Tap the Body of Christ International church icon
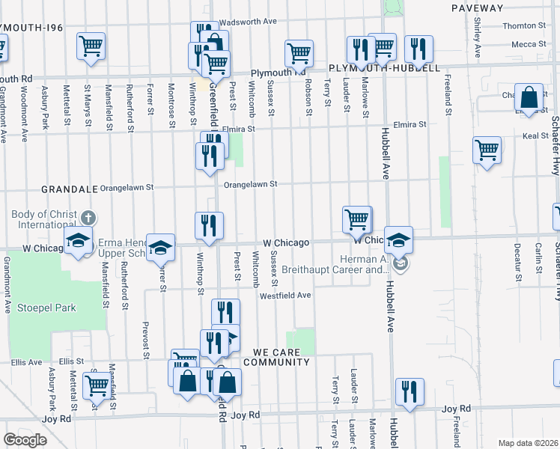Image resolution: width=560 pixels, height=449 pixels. pos(88,219)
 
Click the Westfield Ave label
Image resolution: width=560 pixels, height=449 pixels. pos(285,296)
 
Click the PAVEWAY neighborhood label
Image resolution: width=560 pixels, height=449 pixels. pos(478,7)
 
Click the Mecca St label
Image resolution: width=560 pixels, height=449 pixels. pos(529,44)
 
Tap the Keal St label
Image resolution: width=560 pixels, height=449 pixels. pos(535,136)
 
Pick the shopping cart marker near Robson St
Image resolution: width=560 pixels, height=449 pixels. pos(299,52)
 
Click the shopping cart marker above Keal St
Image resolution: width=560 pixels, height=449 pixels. pos(487,150)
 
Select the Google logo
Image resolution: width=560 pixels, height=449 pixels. pos(25,440)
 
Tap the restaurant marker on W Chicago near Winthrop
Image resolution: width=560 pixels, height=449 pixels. pos(209,225)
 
